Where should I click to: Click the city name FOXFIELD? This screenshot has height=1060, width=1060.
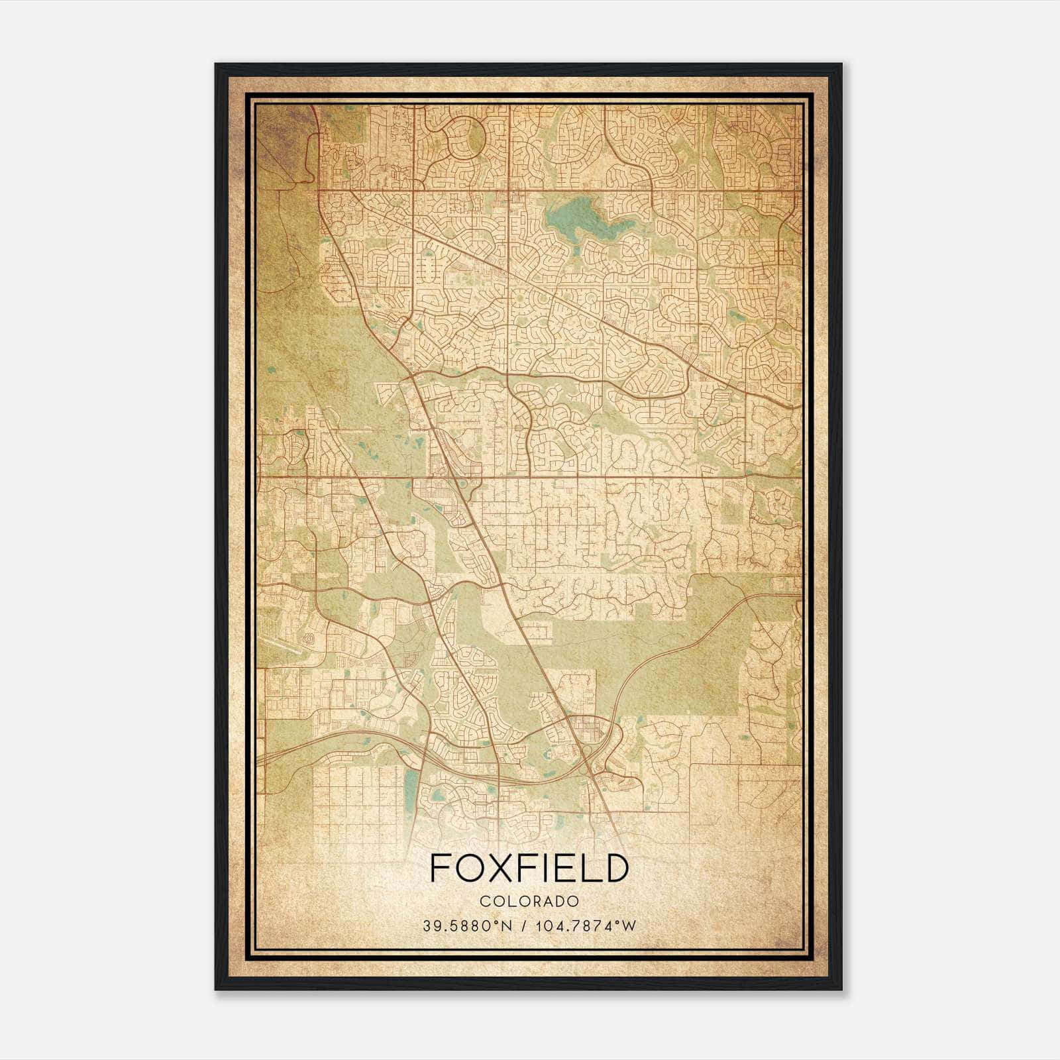pyautogui.click(x=529, y=868)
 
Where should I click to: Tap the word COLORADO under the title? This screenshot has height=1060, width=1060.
pyautogui.click(x=529, y=901)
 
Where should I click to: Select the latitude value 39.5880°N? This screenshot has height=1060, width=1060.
pyautogui.click(x=468, y=926)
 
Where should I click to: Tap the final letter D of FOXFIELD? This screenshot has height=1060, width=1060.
pyautogui.click(x=615, y=868)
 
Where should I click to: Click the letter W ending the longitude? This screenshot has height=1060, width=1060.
pyautogui.click(x=630, y=926)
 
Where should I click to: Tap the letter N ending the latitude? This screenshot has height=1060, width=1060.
pyautogui.click(x=508, y=926)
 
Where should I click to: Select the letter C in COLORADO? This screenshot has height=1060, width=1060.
pyautogui.click(x=484, y=901)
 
